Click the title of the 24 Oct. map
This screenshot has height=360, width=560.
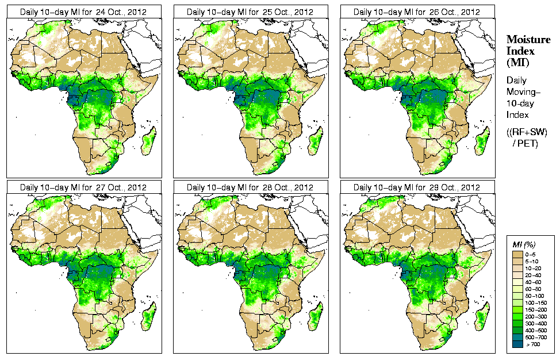pos(83,12)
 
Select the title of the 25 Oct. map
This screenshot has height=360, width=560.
pos(250,12)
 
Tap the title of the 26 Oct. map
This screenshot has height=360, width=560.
pos(417,12)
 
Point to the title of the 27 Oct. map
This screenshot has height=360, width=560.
pos(83,187)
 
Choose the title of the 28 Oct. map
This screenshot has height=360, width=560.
pos(250,187)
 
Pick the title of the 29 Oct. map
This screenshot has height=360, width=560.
pos(417,187)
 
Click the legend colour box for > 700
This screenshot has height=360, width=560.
pos(516,343)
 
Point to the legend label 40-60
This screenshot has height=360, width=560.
pos(535,281)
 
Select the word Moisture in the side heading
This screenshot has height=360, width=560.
pos(526,40)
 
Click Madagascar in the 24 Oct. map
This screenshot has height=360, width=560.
pos(148,141)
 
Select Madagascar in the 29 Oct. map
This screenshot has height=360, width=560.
pos(482,317)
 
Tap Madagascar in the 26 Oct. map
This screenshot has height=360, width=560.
pos(482,141)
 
